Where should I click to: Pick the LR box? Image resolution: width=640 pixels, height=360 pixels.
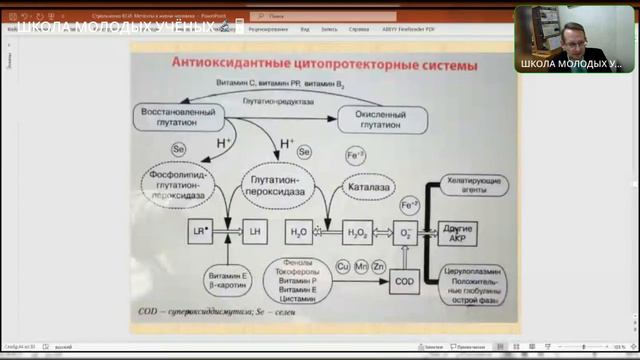click(x=200, y=232)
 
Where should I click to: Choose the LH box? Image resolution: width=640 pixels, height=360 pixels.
click(x=255, y=232)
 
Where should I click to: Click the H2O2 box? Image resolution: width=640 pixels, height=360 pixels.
click(x=357, y=232)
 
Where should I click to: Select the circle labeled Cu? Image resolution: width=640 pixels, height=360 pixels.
click(x=343, y=268)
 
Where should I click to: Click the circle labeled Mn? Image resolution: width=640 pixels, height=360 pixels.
click(x=361, y=268)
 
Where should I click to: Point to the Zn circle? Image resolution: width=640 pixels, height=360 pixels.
click(x=378, y=268)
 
